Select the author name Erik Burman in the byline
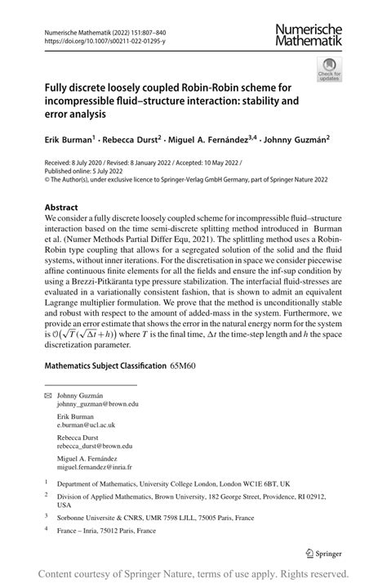[69, 140]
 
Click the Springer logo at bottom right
[326, 553]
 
